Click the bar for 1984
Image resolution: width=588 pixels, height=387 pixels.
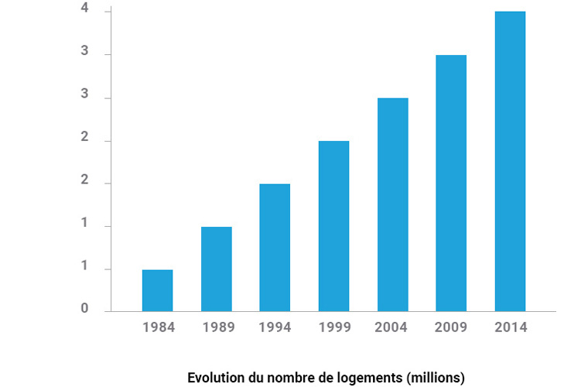157,290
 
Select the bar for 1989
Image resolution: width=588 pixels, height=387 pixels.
216,269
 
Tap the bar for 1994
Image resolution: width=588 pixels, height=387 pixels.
275,248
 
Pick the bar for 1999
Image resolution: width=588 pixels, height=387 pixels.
333,226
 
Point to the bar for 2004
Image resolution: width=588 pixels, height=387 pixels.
392,204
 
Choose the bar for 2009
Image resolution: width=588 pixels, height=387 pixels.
451,183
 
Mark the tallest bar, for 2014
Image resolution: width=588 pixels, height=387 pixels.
510,161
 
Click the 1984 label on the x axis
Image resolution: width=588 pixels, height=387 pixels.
159,327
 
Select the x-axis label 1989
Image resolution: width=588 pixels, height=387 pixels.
217,327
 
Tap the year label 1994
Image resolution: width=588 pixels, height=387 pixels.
275,327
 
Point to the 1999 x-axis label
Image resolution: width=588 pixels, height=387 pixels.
333,327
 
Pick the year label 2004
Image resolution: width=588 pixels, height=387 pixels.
392,327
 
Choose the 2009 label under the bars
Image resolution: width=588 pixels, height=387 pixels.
451,327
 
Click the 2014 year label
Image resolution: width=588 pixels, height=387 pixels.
510,327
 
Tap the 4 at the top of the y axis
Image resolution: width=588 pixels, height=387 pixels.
84,10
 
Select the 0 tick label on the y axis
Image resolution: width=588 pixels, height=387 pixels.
84,310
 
